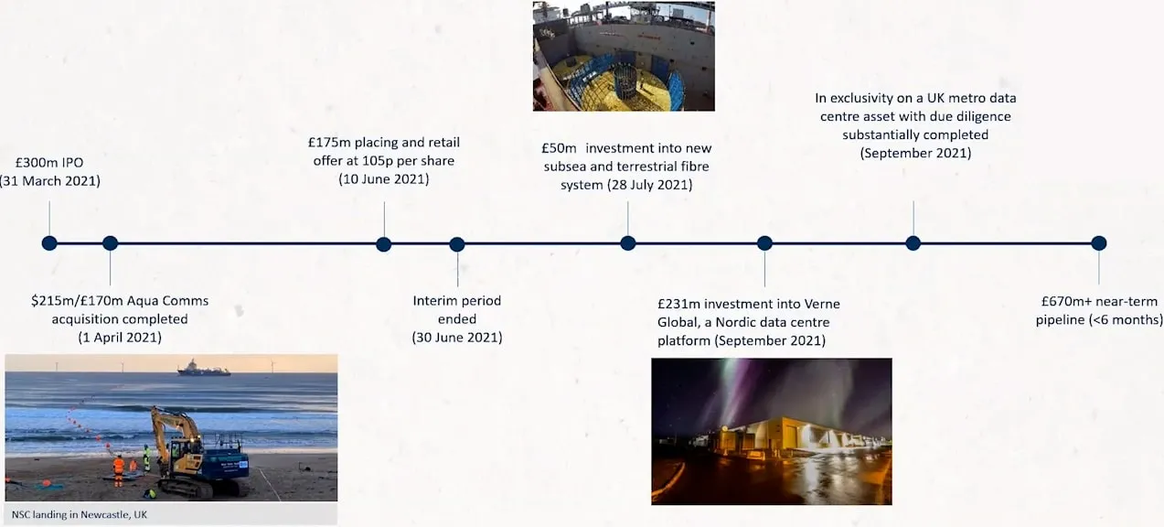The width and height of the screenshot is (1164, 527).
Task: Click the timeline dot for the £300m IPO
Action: click(49, 243)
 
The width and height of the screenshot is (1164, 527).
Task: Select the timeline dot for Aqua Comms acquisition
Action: click(110, 243)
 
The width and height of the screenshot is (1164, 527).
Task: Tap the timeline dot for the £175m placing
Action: click(383, 244)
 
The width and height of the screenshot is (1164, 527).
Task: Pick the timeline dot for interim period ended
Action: click(457, 244)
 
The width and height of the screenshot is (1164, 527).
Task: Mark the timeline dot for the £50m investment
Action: click(628, 243)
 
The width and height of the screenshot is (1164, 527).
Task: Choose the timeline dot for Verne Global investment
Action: click(765, 243)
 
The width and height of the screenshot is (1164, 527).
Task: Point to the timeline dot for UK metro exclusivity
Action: click(913, 243)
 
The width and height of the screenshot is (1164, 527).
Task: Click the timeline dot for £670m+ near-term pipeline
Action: click(1098, 243)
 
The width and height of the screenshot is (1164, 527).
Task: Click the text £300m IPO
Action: click(49, 163)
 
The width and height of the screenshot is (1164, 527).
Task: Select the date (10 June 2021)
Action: click(384, 179)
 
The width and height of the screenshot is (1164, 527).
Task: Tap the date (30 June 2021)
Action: click(457, 338)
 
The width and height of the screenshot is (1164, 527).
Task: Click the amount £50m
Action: click(559, 148)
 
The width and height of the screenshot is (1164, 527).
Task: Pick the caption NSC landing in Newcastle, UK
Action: click(80, 514)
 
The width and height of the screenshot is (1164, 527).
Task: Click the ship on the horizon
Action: click(204, 368)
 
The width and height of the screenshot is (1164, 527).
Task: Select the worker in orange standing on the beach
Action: click(119, 470)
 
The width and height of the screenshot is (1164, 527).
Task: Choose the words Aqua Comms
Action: click(167, 301)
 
